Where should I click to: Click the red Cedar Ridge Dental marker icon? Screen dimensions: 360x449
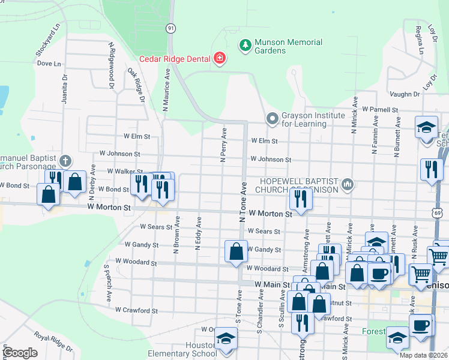(x=220, y=58)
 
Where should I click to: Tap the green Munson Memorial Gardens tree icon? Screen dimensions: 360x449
(x=245, y=46)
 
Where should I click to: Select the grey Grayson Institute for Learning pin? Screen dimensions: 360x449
(x=273, y=119)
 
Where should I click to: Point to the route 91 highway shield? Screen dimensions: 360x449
(x=171, y=28)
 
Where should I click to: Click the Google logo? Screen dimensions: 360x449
(x=19, y=352)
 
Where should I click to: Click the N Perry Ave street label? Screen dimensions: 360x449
(x=223, y=145)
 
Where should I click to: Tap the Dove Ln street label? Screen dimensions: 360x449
(x=49, y=63)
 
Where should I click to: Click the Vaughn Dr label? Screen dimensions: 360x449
(x=404, y=95)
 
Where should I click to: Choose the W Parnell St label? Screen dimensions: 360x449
(x=381, y=110)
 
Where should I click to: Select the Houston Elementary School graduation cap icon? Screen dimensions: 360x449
(x=226, y=340)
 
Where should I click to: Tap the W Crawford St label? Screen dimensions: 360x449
(x=137, y=311)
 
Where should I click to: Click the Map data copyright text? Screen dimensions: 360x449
(x=424, y=355)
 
